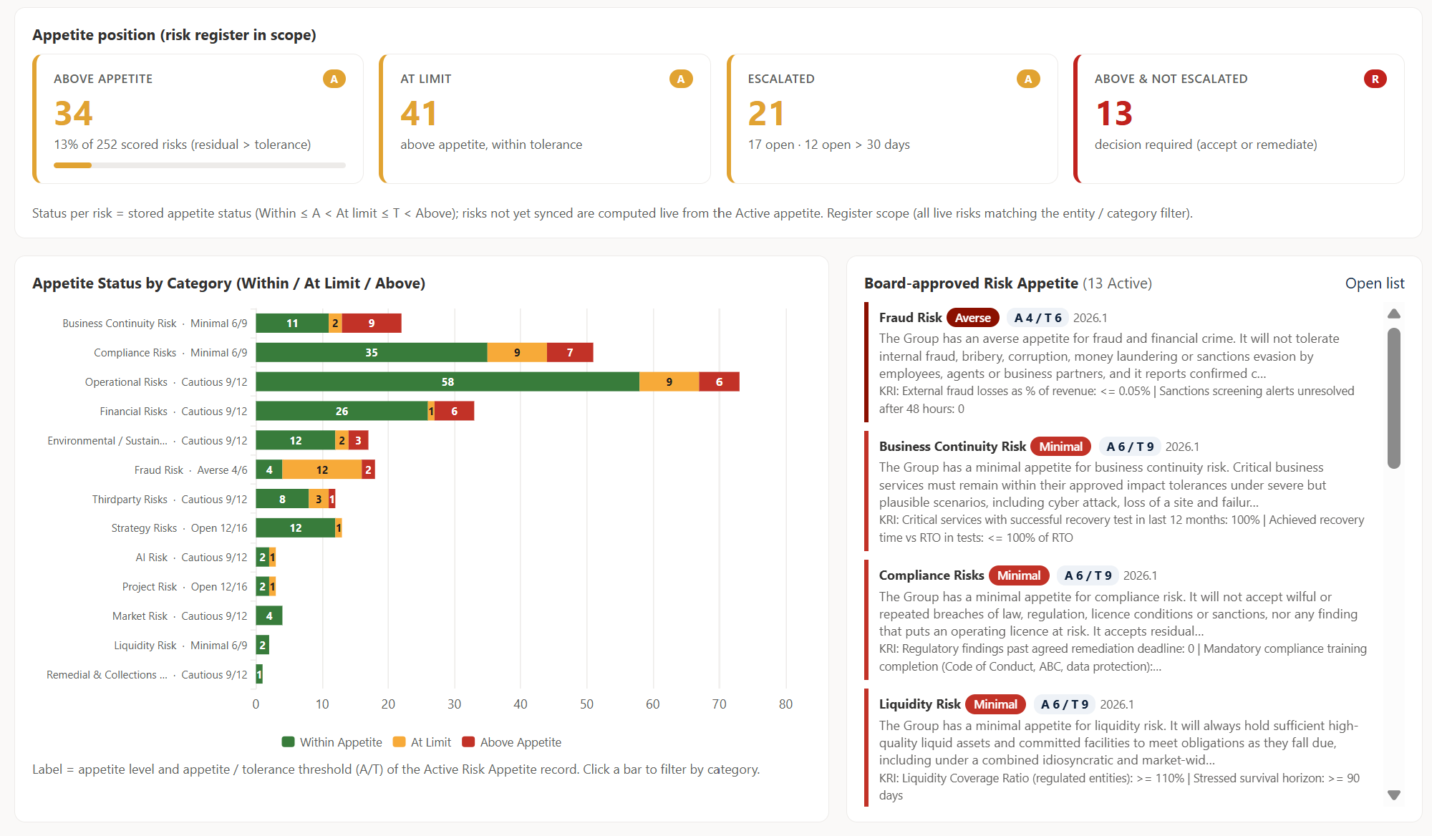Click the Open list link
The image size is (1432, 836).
(x=1374, y=283)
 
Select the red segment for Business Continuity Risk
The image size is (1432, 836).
(x=372, y=324)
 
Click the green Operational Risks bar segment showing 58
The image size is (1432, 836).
(x=447, y=382)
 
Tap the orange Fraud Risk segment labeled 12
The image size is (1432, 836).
(x=322, y=470)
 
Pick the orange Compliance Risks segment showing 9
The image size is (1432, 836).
(x=517, y=353)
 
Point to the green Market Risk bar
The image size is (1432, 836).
(x=269, y=616)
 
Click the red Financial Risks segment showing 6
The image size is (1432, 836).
(x=454, y=412)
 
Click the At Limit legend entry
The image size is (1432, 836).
(x=422, y=742)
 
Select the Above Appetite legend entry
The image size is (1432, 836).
(x=512, y=742)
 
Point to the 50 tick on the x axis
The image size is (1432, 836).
(x=586, y=704)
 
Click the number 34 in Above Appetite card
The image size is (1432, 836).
(x=73, y=113)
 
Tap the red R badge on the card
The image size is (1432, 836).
(x=1375, y=79)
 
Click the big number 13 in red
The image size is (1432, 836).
(x=1114, y=113)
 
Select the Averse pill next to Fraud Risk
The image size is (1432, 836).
(x=973, y=318)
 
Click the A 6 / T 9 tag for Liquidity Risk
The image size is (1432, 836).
(x=1065, y=704)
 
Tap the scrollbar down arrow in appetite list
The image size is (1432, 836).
(x=1394, y=794)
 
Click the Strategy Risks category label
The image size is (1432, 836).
(x=144, y=528)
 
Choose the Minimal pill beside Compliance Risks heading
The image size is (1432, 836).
(x=1019, y=575)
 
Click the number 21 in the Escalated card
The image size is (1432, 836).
(x=766, y=113)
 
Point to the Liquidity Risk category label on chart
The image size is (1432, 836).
(x=145, y=646)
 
